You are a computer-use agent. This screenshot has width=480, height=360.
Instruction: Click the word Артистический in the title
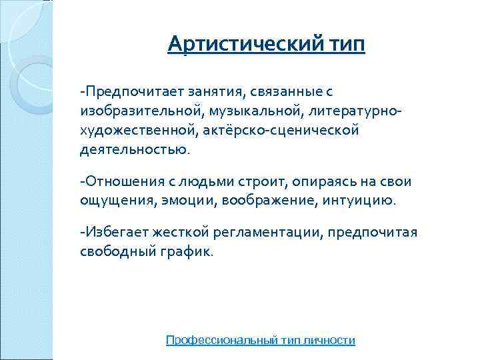(246, 45)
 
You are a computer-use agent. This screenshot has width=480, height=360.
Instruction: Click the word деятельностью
(133, 149)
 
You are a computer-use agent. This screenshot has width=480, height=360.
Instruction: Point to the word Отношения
(121, 181)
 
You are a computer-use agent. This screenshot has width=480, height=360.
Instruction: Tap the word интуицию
(361, 200)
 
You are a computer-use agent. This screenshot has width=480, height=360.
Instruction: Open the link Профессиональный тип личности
(261, 340)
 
